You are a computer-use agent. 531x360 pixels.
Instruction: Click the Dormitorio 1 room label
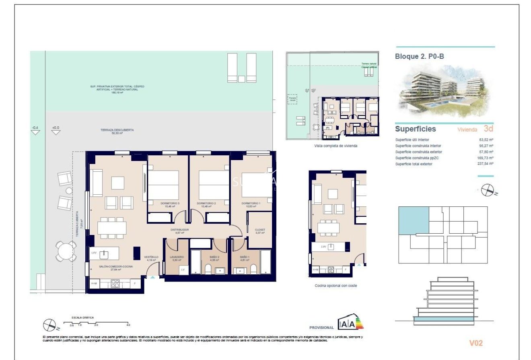coord(251,204)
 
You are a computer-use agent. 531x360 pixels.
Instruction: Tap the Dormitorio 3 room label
coord(169,204)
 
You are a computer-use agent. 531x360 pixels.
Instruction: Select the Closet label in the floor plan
coord(260,230)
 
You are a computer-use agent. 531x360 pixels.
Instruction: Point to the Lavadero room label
coord(177,257)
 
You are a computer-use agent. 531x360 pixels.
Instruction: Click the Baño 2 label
coord(214,257)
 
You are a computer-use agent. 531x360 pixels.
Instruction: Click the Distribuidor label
coord(179,230)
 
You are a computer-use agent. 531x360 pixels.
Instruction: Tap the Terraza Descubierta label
coord(117,130)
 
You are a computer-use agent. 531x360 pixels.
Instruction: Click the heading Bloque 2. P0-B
coord(420,57)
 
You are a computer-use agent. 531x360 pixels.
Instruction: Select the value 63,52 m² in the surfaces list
coord(486,140)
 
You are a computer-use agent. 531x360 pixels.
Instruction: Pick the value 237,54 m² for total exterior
coord(485,164)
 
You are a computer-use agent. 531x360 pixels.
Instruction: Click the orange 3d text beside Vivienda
coord(488,129)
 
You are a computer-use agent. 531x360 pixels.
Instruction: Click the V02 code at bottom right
coord(476,343)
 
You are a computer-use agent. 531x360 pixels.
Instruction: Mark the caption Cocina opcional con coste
coord(336,286)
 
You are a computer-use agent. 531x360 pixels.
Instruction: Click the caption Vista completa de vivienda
coord(335,146)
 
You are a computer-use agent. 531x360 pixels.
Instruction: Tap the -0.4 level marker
coord(35,128)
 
